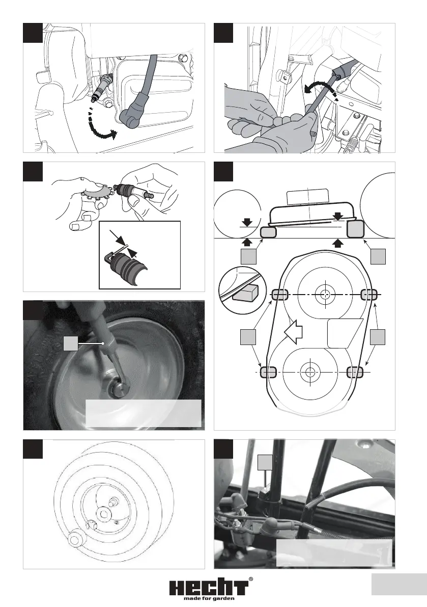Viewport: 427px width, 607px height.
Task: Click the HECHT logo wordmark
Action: click(x=209, y=587)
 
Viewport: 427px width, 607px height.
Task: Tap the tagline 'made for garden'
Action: click(x=209, y=598)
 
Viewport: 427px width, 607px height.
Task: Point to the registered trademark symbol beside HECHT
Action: click(x=251, y=579)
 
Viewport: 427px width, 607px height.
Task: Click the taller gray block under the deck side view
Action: click(x=356, y=229)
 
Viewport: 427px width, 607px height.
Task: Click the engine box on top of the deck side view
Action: click(x=307, y=197)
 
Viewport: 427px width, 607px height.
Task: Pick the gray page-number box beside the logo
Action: click(x=399, y=585)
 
